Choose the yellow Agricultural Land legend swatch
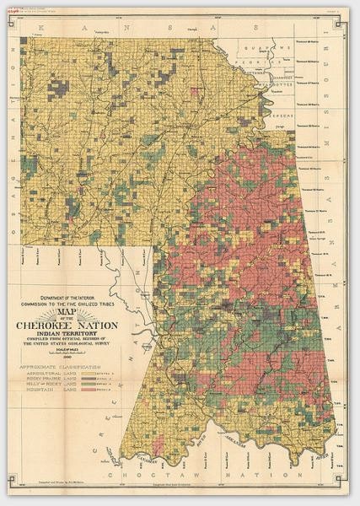pyautogui.click(x=108, y=376)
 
